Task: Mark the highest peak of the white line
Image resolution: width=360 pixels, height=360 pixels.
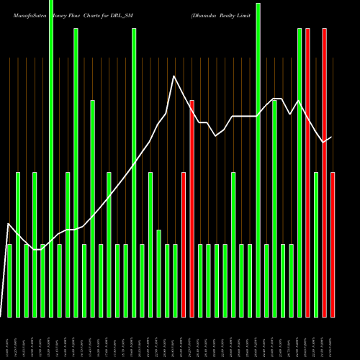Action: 174,76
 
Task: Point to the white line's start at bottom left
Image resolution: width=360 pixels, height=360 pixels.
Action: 1,315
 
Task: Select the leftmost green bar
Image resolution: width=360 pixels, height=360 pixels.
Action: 9,281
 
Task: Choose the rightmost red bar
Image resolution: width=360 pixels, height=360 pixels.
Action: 333,245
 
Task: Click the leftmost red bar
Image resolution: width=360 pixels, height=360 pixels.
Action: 184,245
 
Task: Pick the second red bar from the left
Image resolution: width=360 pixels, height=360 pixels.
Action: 192,209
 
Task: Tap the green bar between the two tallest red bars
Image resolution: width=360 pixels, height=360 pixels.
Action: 316,245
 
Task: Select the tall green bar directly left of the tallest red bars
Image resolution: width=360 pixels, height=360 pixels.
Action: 300,173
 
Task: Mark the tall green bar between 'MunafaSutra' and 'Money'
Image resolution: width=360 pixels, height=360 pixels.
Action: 51,158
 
